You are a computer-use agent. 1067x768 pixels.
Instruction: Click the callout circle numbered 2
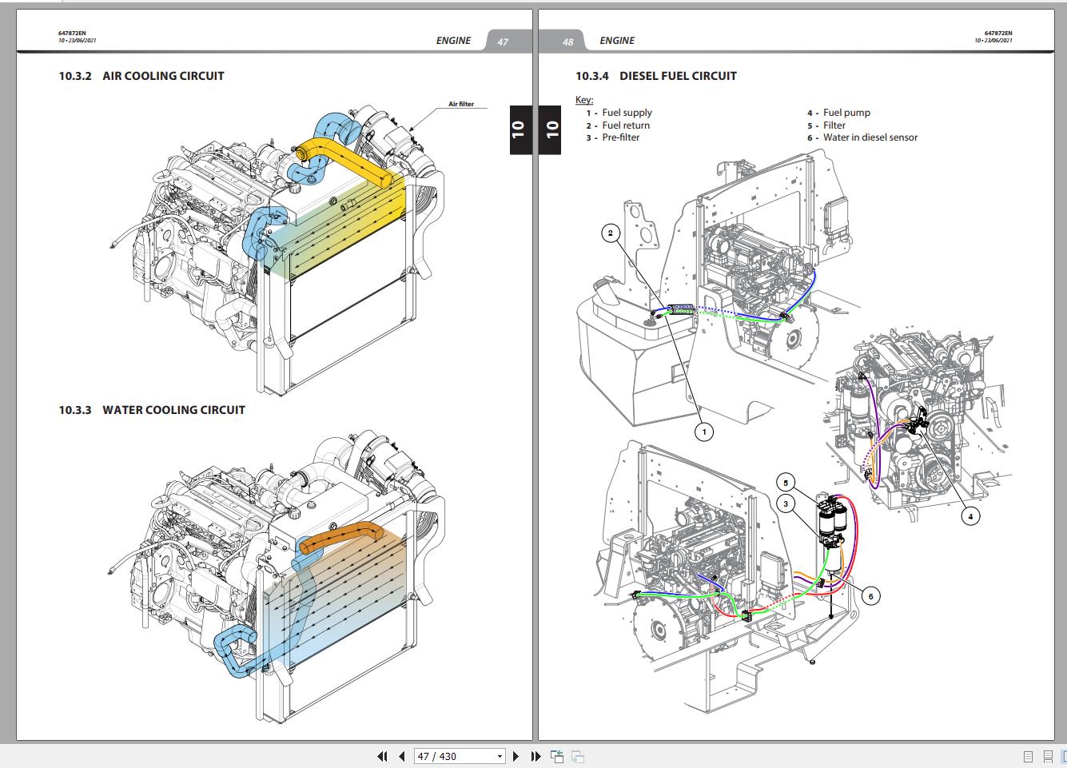[611, 233]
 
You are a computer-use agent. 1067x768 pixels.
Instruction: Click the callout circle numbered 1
[703, 432]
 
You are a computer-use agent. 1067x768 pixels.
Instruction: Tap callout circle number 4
[969, 516]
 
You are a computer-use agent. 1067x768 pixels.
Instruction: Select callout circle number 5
[786, 483]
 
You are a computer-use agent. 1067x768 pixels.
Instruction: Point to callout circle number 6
[870, 595]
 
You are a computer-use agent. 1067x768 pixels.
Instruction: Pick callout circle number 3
[786, 504]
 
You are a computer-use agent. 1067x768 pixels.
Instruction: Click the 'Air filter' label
[461, 104]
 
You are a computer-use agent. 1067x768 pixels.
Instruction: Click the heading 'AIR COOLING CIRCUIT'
[163, 76]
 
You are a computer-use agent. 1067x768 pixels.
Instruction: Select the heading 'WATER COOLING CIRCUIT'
[173, 410]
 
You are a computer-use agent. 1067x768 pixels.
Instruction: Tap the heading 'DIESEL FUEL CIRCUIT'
[678, 76]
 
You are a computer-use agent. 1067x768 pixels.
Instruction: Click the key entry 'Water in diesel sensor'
[870, 137]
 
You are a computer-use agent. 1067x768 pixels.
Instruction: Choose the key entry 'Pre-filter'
[620, 137]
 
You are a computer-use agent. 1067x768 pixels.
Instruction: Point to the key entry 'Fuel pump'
[846, 113]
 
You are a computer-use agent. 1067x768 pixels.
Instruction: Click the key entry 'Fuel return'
[625, 125]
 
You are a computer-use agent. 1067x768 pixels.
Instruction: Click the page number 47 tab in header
[503, 42]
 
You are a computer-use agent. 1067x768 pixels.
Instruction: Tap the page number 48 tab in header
[568, 42]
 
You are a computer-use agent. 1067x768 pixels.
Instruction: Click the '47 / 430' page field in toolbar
[460, 756]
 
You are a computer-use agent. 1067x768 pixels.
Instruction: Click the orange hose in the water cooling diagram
[344, 536]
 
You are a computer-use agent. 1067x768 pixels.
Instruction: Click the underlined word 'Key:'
[584, 100]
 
